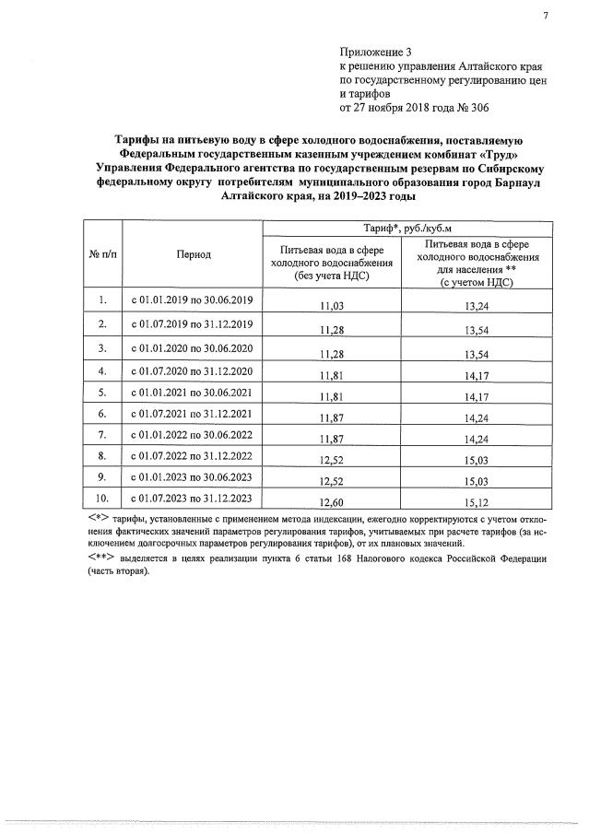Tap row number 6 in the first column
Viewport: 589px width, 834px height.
tap(103, 412)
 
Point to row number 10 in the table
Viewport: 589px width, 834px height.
tap(103, 499)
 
